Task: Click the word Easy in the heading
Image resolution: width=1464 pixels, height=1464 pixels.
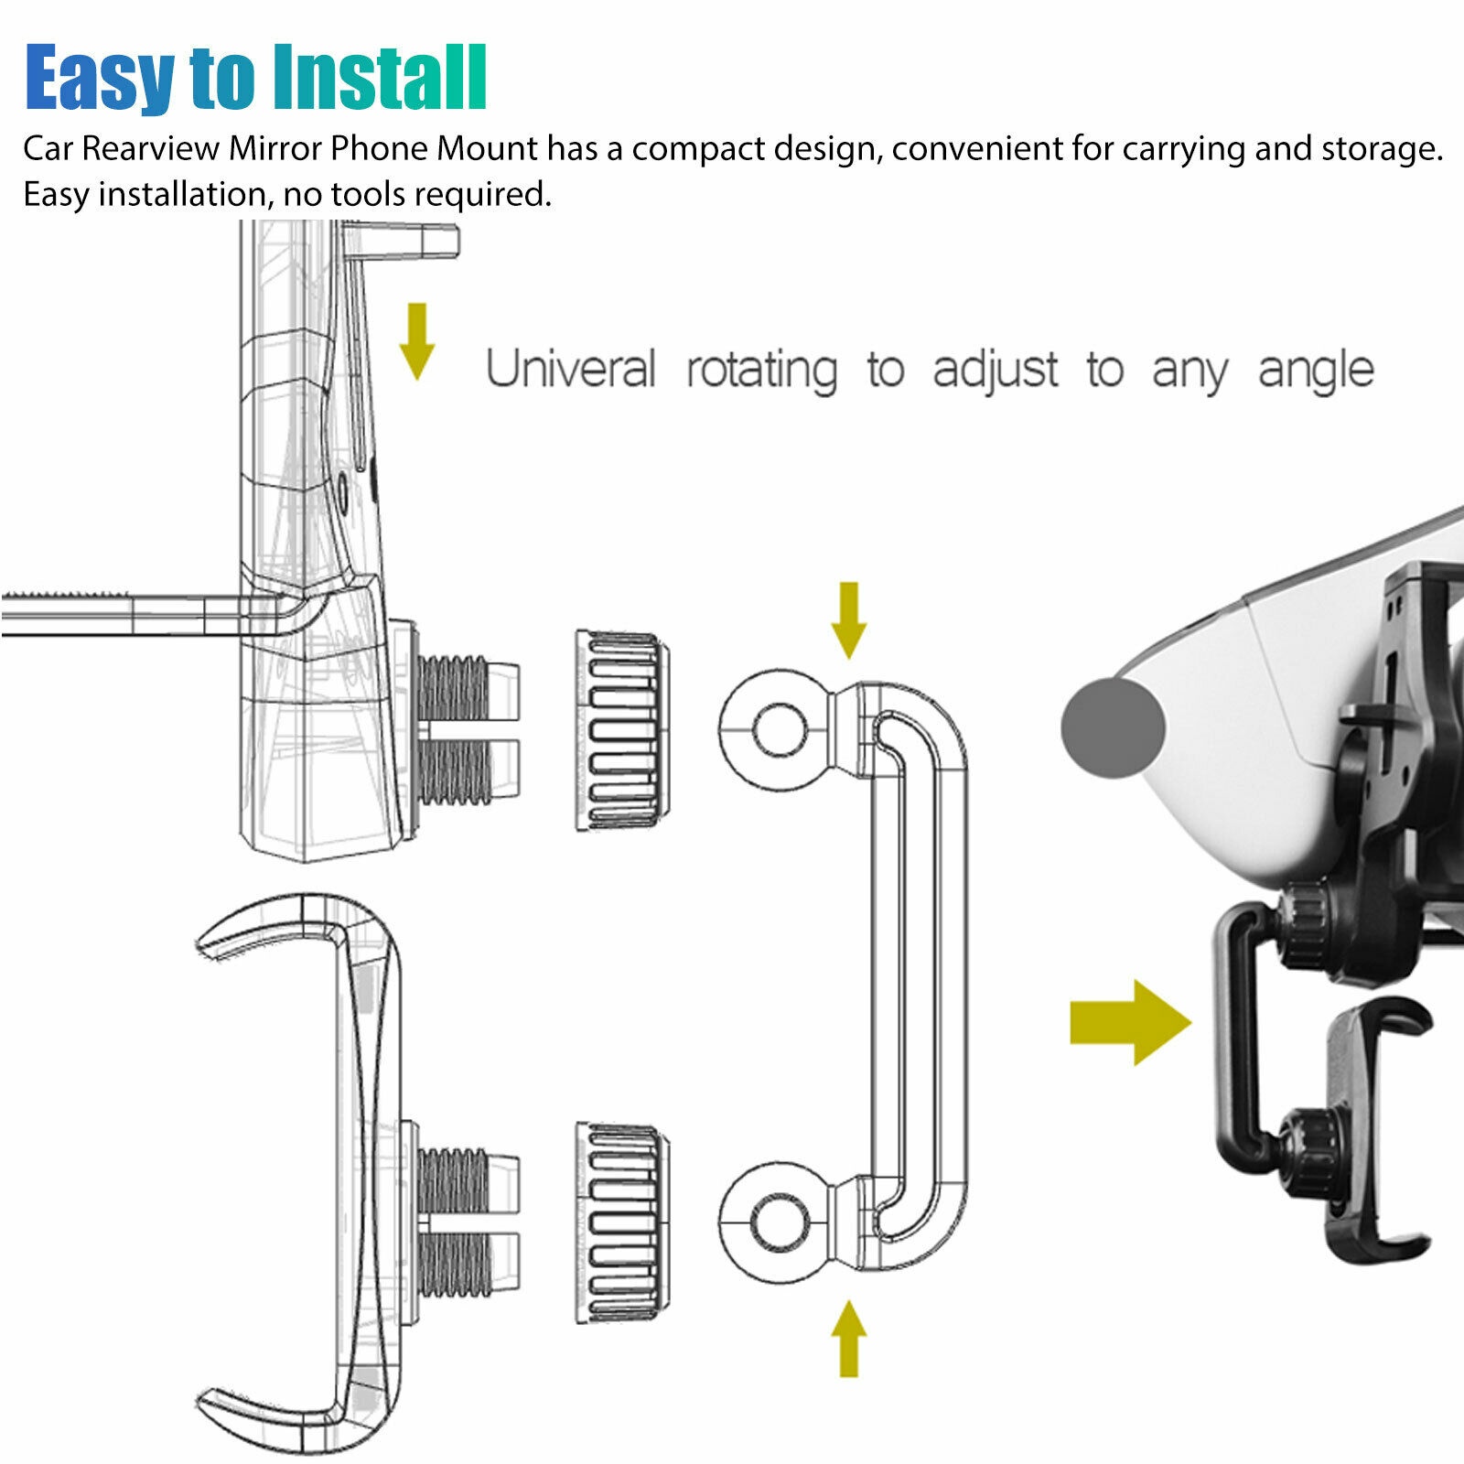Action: [x=100, y=78]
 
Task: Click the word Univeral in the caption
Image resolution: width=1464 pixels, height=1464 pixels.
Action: [x=571, y=369]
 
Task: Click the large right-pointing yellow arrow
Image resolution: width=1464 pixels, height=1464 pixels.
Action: [x=1131, y=1022]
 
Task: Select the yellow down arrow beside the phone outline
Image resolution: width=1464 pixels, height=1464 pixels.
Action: [x=417, y=341]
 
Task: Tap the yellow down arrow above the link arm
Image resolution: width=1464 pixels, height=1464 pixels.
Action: [x=849, y=620]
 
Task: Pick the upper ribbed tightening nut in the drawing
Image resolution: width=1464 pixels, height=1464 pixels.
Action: [x=621, y=730]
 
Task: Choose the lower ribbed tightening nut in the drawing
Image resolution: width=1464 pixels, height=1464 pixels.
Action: [x=621, y=1223]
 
